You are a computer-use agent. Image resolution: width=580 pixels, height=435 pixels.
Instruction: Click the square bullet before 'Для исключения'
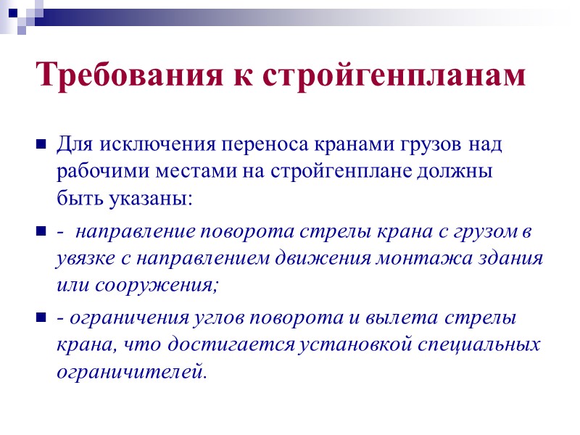(41, 144)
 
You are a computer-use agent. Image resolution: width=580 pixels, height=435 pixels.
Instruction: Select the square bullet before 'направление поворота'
(41, 233)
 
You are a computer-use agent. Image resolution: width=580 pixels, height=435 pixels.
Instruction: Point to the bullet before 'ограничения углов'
(41, 317)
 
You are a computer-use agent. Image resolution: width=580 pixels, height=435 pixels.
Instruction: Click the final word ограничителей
(130, 372)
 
